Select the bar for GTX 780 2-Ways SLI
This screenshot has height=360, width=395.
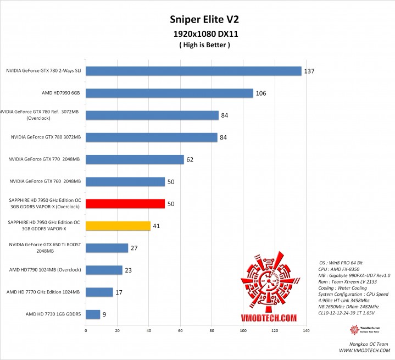[x=193, y=71]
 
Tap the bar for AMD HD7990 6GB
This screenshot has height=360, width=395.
[x=169, y=93]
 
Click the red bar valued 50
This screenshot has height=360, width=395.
[x=125, y=203]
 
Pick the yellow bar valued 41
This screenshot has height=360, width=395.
[x=118, y=225]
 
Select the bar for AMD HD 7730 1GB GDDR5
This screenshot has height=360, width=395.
[x=93, y=314]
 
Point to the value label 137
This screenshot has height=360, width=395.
[x=310, y=71]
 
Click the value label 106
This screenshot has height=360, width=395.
[x=261, y=93]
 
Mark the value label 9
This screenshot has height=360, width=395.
[x=105, y=315]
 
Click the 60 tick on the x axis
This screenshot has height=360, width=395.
[x=180, y=331]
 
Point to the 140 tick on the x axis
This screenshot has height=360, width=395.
[x=306, y=331]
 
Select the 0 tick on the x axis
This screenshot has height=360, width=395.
[x=86, y=331]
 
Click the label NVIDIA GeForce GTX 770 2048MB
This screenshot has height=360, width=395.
[x=44, y=159]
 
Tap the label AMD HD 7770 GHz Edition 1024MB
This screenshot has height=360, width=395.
[x=44, y=292]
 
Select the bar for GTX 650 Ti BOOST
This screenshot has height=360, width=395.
[x=107, y=248]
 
